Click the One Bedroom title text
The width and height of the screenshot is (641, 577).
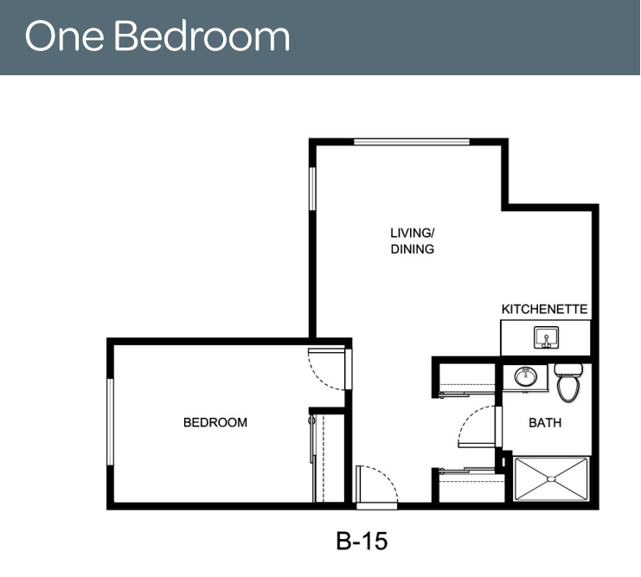(157, 36)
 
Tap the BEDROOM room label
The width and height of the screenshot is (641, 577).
(215, 422)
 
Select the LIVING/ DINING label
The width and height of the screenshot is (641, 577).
(412, 240)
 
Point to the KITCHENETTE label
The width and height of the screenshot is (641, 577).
(544, 309)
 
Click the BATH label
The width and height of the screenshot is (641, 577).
(545, 422)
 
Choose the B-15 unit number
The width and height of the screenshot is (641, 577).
(362, 541)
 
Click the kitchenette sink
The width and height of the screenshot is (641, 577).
(546, 337)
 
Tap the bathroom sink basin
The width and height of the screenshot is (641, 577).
(526, 376)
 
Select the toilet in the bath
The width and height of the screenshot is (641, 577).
(568, 382)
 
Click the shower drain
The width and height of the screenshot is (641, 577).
(551, 478)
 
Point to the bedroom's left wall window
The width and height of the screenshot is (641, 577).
(110, 421)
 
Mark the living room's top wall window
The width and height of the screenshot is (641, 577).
(412, 142)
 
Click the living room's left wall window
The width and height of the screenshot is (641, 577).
(312, 189)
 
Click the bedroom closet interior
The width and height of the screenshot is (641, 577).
(330, 458)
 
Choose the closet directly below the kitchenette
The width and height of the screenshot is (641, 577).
(467, 378)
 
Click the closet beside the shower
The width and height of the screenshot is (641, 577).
(471, 488)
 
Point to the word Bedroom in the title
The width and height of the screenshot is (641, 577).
(202, 36)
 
